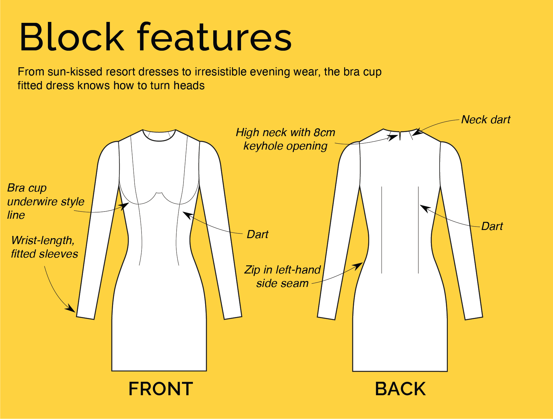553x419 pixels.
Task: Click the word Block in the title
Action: [72, 37]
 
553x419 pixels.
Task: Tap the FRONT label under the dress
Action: [161, 389]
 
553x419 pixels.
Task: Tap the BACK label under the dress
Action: [400, 389]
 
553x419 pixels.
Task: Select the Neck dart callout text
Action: [486, 120]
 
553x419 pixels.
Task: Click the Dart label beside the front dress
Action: [257, 234]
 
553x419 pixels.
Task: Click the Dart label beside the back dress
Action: [492, 226]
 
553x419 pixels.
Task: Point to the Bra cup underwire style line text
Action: [46, 201]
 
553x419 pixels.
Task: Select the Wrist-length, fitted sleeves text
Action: [44, 247]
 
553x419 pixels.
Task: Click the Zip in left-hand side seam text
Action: [282, 276]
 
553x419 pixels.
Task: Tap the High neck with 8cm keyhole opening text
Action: [285, 139]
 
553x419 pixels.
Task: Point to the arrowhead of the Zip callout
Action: [358, 266]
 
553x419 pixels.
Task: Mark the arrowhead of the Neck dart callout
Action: [417, 132]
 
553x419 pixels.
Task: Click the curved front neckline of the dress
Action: [159, 140]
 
